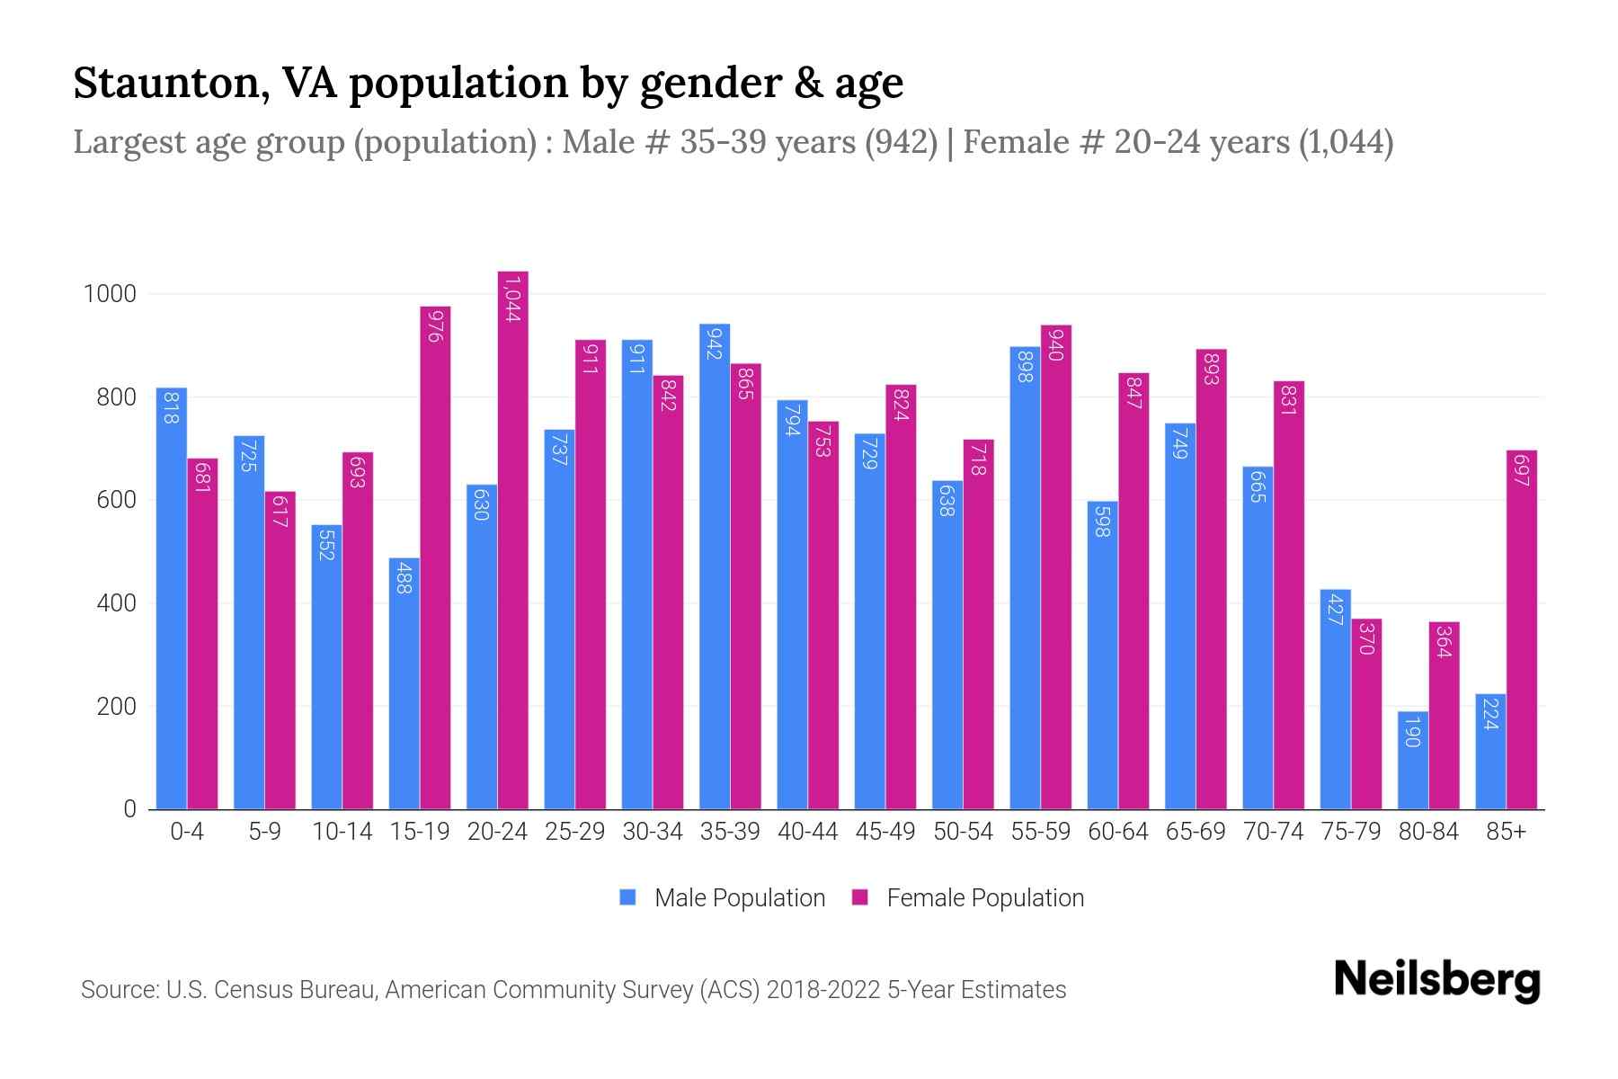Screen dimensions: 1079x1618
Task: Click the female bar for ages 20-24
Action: tap(513, 539)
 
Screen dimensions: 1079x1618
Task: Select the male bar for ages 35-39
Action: tap(715, 566)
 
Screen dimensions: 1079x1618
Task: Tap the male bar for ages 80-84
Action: tap(1413, 760)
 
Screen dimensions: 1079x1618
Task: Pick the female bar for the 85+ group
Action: tap(1522, 629)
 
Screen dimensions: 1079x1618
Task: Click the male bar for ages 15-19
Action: tap(404, 683)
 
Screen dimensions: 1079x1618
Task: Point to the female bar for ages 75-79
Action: tap(1366, 715)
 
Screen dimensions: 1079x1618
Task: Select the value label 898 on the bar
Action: tap(1025, 366)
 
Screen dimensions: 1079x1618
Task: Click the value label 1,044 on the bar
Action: tap(513, 299)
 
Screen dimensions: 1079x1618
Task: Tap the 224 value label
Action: tap(1490, 713)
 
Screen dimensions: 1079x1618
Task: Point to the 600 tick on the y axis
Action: tap(116, 500)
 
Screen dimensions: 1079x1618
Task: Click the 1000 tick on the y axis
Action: tap(110, 294)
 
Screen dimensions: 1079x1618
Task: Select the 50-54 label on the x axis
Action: tap(963, 832)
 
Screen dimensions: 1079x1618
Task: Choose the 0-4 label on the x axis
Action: tap(187, 832)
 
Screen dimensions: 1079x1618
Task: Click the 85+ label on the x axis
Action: tap(1506, 832)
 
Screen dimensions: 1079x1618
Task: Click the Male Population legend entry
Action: tap(739, 898)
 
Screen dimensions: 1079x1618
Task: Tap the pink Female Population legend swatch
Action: tap(860, 897)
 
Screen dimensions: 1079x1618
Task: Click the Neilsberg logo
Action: tap(1436, 980)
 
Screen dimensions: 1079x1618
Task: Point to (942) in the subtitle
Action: tap(901, 142)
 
